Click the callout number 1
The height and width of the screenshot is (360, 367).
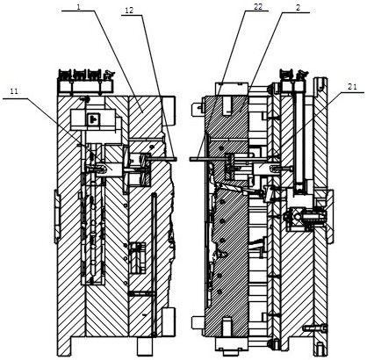pyautogui.click(x=78, y=7)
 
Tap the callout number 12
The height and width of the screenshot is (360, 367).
pyautogui.click(x=129, y=11)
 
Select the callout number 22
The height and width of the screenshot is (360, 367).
pyautogui.click(x=258, y=7)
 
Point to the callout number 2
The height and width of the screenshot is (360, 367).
pyautogui.click(x=298, y=8)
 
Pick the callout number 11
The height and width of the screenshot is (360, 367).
pyautogui.click(x=14, y=91)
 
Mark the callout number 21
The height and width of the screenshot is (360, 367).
pyautogui.click(x=352, y=87)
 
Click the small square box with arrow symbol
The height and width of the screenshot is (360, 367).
pyautogui.click(x=92, y=118)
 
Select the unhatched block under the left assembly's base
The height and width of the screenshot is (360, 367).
pyautogui.click(x=146, y=346)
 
